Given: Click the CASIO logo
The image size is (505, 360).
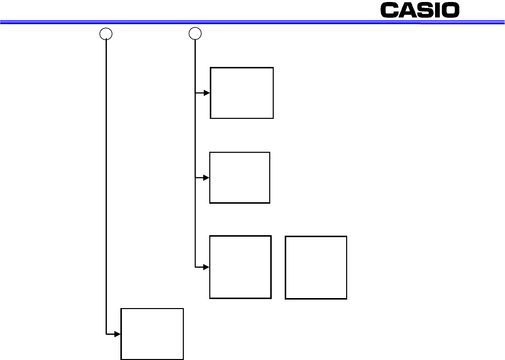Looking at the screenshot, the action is (420, 10).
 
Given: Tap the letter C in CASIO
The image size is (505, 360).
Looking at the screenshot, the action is (389, 10).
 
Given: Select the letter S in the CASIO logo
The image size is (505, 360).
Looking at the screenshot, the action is (425, 10).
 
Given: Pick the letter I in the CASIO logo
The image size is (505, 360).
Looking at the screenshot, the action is (437, 10).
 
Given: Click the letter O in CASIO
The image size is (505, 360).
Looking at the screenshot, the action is (450, 10).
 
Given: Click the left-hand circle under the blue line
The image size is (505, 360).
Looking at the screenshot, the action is (106, 33).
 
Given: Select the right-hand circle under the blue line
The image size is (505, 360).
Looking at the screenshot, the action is (195, 33).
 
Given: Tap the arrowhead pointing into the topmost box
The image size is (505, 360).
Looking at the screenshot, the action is (207, 93).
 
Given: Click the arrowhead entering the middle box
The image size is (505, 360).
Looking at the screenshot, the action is (206, 178).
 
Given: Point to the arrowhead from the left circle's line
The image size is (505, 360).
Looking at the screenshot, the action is (117, 334).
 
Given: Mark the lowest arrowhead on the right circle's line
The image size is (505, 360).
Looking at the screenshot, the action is (206, 267).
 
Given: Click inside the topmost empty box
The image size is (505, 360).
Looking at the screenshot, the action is (242, 93).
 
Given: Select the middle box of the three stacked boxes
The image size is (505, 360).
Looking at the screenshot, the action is (240, 178).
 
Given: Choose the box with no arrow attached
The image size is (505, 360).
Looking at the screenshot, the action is (316, 268).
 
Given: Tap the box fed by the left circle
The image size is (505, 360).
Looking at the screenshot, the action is (152, 334).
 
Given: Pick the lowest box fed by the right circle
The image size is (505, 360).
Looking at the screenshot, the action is (240, 267).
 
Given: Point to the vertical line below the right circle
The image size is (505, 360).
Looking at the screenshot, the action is (195, 154).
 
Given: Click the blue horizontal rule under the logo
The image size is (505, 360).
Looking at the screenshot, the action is (253, 22).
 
